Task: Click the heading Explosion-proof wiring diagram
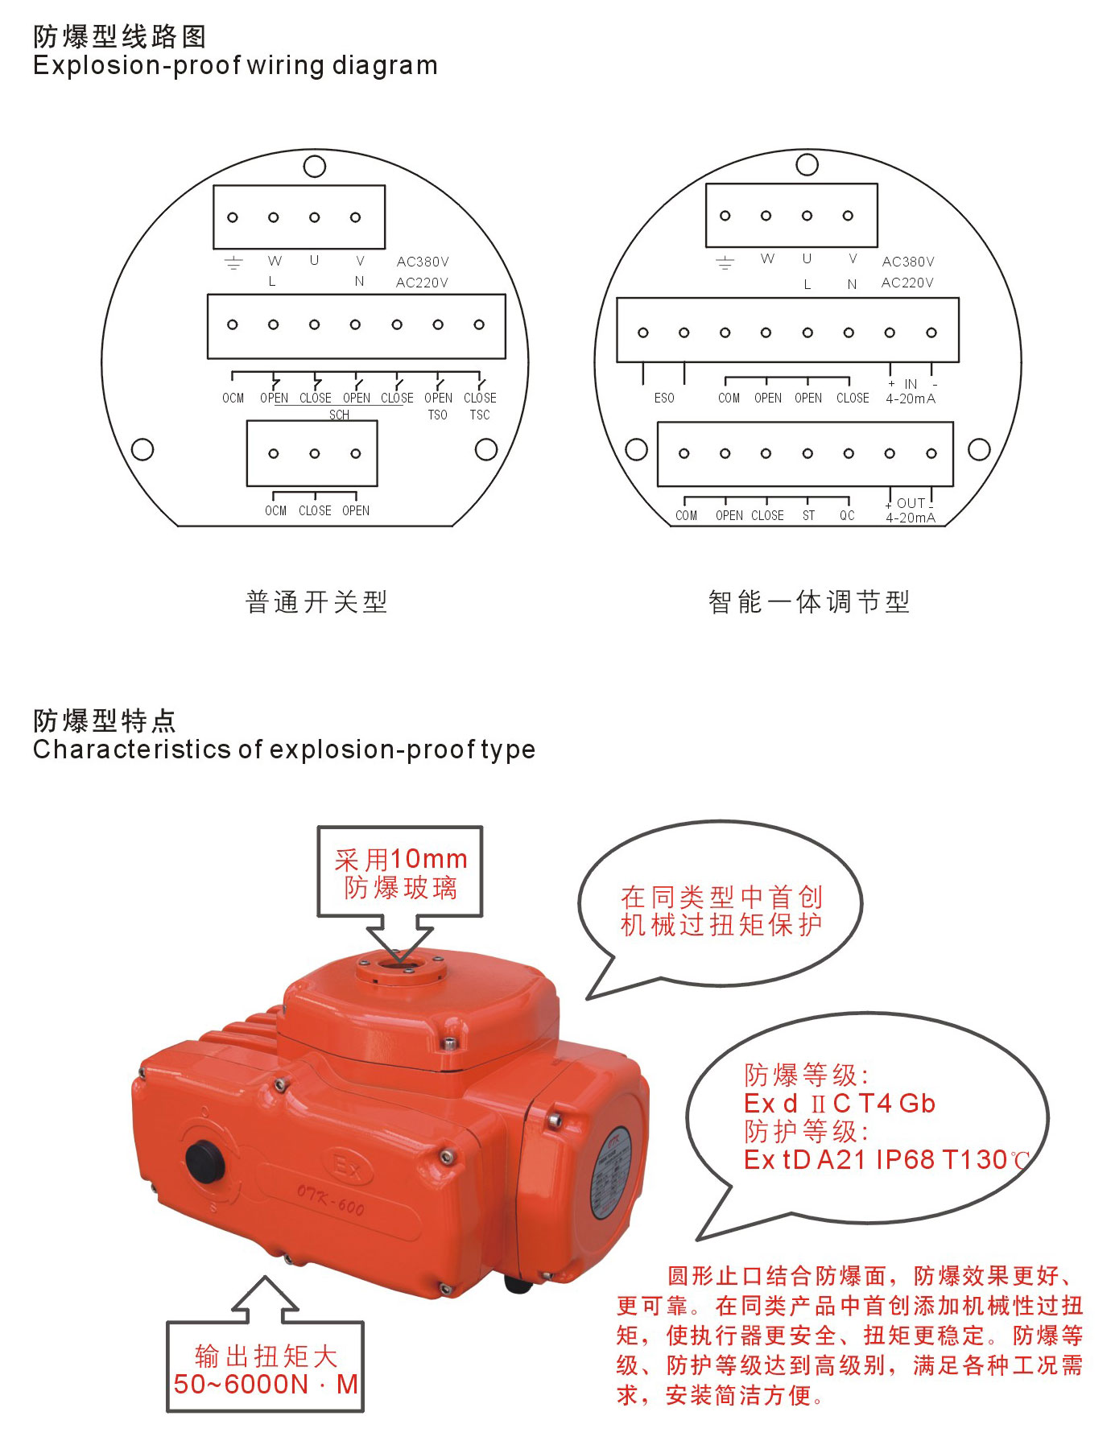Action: (x=235, y=66)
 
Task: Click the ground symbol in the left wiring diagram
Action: (x=233, y=262)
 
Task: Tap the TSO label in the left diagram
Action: (x=437, y=415)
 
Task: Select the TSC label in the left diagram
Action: (x=480, y=415)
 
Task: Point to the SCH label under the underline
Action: (x=339, y=415)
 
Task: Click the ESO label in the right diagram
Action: (x=664, y=398)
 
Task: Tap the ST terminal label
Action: (x=808, y=516)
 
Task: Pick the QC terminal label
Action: (x=847, y=516)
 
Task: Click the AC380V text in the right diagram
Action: (x=908, y=262)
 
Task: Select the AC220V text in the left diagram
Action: (x=422, y=283)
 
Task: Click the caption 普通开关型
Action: (x=316, y=601)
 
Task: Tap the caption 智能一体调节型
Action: (x=809, y=601)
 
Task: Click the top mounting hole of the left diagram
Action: (x=314, y=167)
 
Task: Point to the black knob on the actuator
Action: (x=206, y=1162)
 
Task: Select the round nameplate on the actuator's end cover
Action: (x=609, y=1172)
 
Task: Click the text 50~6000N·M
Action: (x=266, y=1385)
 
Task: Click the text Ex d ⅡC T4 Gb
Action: (x=840, y=1103)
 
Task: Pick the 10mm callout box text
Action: (x=401, y=873)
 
